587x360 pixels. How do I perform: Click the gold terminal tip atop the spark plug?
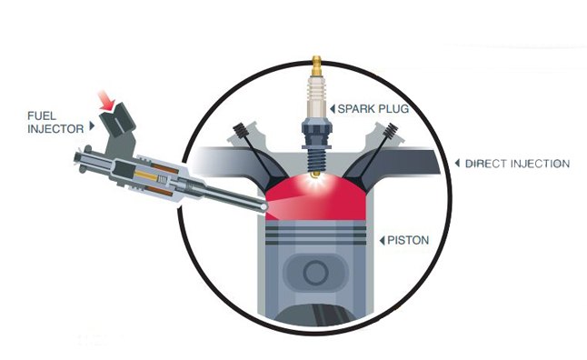click(317, 65)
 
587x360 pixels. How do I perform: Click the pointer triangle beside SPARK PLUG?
click(333, 107)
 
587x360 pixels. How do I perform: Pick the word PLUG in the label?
click(392, 107)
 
